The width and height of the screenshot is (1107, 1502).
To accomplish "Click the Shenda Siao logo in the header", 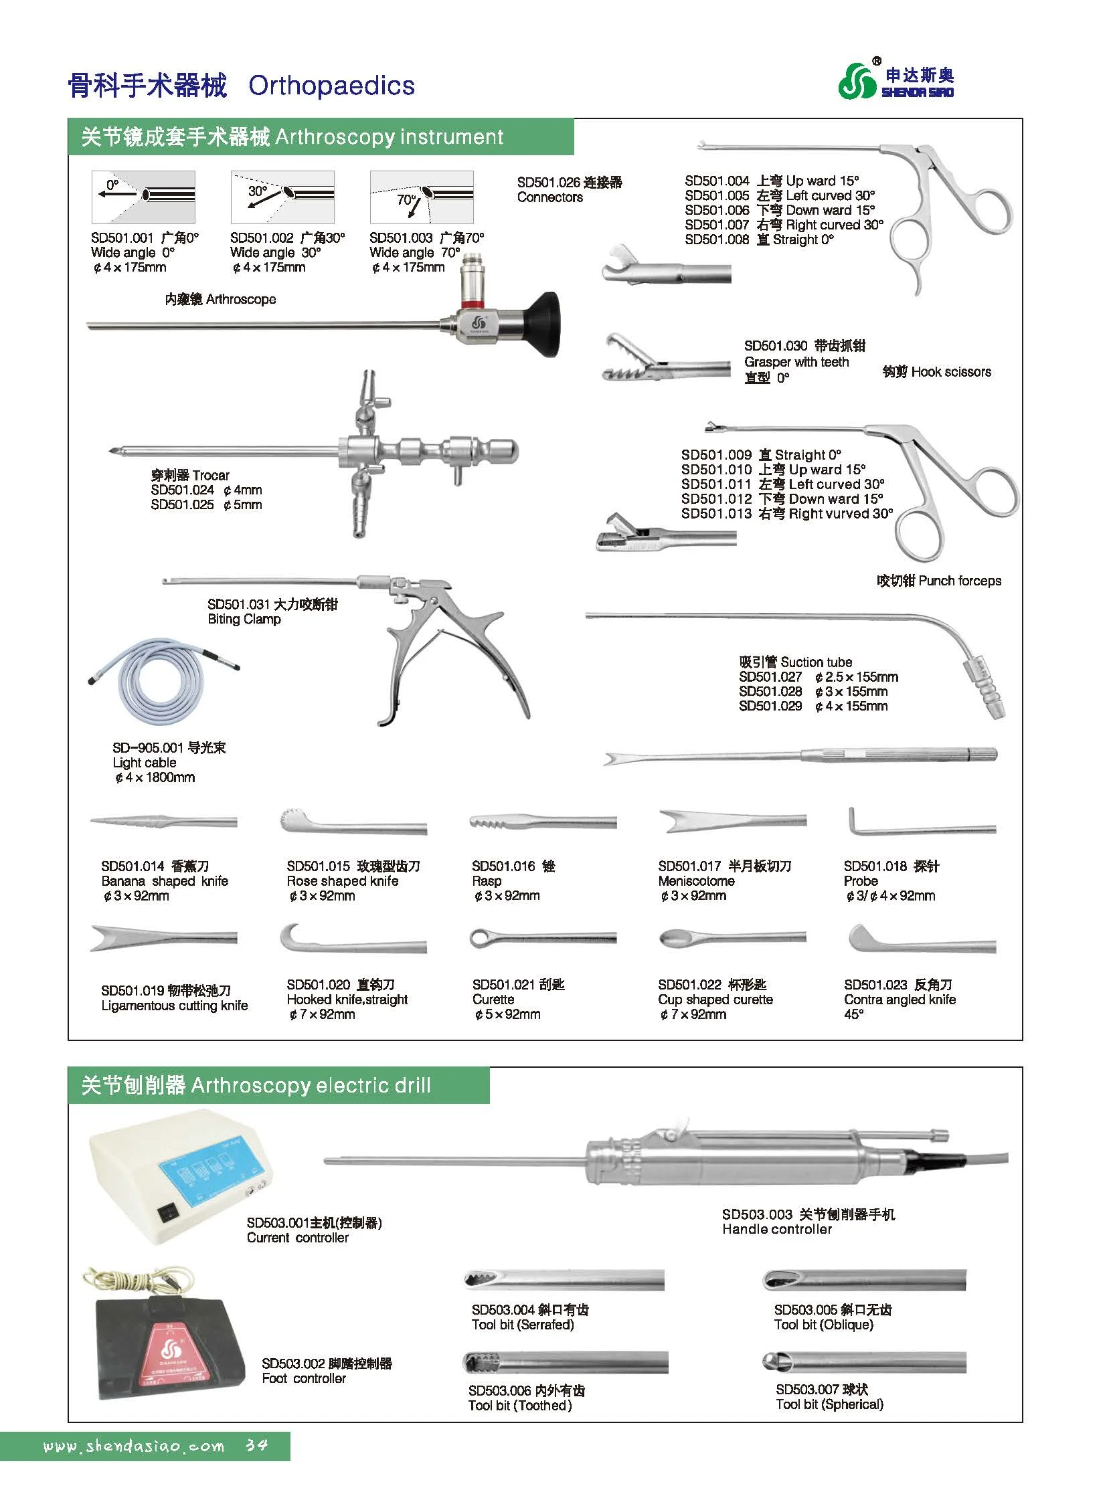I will (896, 81).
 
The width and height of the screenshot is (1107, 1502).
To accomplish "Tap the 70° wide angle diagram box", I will (422, 196).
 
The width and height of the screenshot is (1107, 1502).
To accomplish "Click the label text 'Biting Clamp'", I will (244, 619).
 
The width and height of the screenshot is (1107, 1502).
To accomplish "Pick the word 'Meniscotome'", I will (696, 881).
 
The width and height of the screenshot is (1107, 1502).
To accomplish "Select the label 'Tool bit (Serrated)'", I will (522, 1325).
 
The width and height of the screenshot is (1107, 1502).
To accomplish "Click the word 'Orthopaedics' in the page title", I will (331, 86).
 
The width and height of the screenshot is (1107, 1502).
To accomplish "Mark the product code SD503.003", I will (756, 1214).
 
